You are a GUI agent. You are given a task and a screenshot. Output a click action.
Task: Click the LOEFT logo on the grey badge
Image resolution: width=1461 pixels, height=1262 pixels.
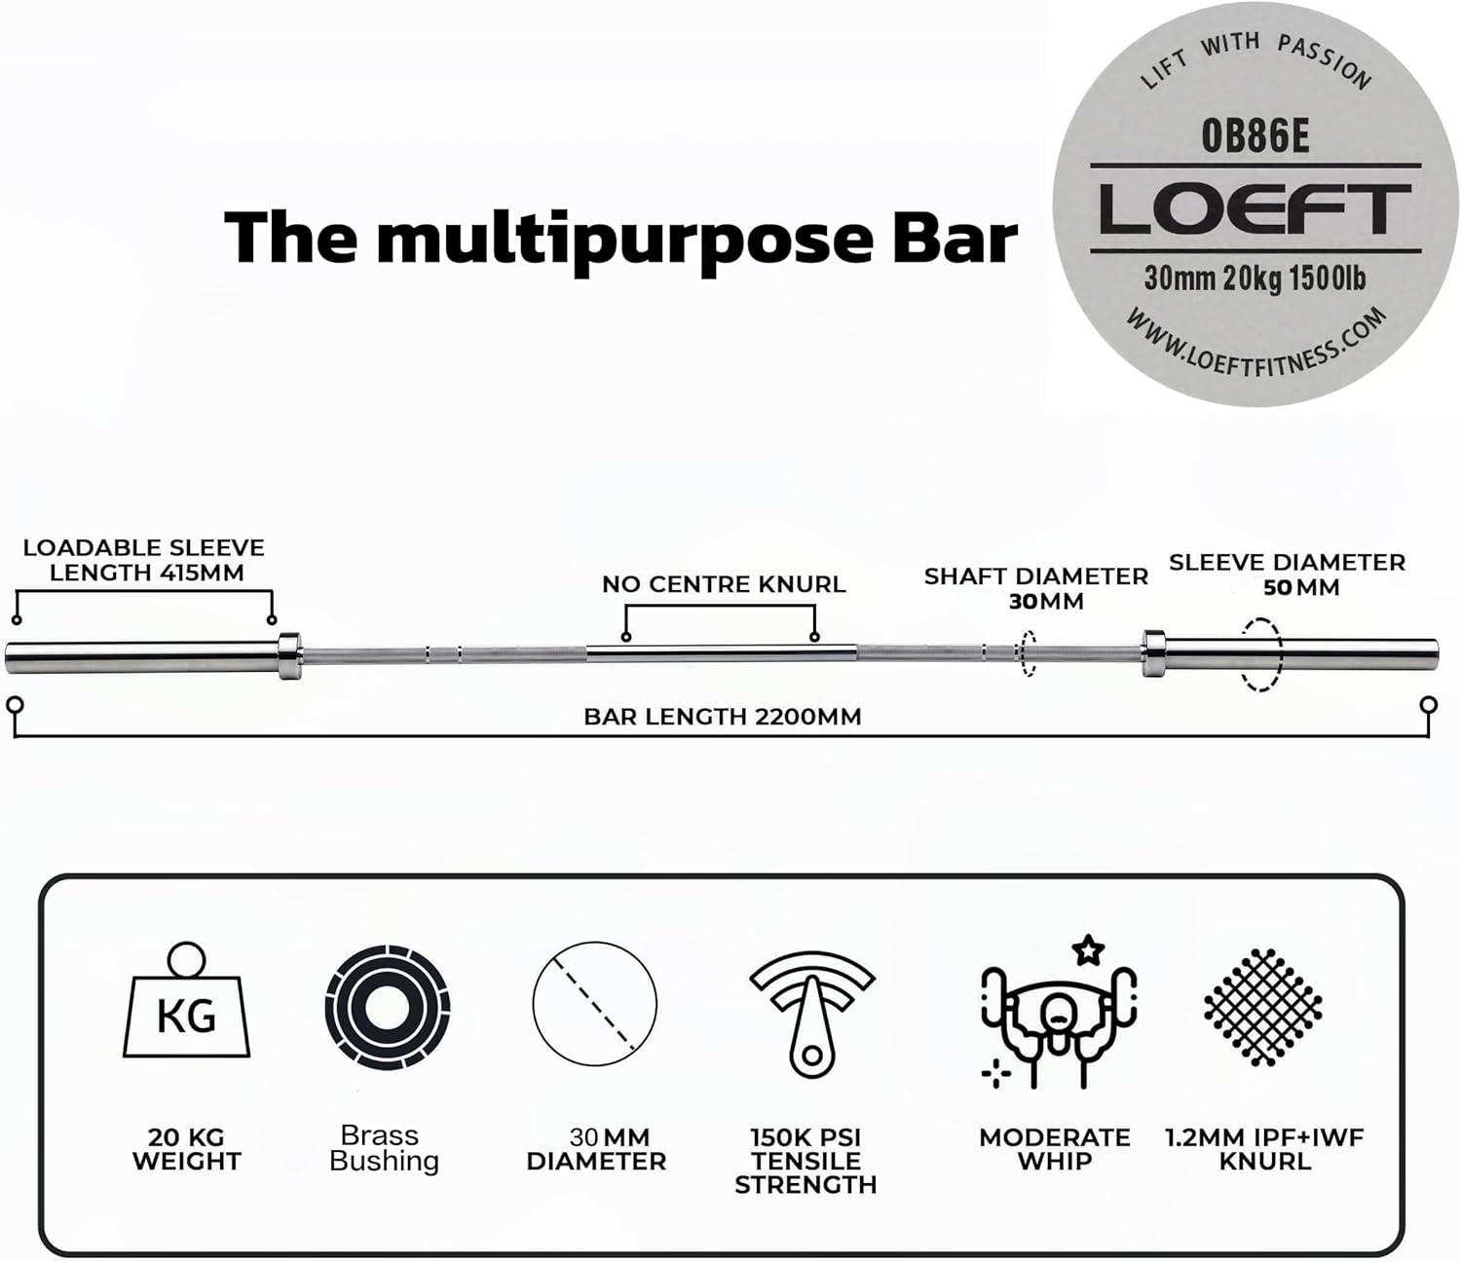[x=1255, y=209]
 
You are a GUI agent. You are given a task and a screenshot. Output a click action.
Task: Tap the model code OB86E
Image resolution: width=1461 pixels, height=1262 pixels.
[x=1255, y=136]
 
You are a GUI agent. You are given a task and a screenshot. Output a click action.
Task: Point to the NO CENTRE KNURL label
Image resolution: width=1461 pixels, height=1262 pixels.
[x=723, y=584]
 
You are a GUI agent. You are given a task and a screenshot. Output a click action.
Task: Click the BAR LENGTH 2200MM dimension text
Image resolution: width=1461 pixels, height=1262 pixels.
[x=722, y=717]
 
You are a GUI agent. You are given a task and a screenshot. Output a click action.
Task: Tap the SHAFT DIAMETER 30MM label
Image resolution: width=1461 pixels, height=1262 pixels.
[x=1036, y=588]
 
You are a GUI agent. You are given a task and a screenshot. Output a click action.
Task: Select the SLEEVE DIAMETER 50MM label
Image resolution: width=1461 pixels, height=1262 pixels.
[x=1287, y=575]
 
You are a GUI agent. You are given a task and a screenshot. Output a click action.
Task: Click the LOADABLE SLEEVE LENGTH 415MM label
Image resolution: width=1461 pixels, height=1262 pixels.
[x=144, y=560]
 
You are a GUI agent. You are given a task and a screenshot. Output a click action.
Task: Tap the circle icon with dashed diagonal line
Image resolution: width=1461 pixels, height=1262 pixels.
[x=594, y=1004]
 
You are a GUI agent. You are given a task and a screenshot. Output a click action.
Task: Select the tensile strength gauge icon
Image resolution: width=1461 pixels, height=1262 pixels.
[x=811, y=1013]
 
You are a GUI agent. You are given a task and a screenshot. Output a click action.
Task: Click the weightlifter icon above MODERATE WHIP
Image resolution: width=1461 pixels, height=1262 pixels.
[x=1058, y=1022]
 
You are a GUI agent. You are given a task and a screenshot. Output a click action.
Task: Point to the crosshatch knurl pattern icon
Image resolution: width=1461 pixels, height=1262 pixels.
[x=1262, y=1006]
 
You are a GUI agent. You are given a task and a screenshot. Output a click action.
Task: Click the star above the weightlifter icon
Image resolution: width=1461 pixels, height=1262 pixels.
[x=1087, y=949]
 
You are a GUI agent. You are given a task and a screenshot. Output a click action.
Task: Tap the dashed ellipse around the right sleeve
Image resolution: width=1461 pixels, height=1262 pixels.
[x=1260, y=654]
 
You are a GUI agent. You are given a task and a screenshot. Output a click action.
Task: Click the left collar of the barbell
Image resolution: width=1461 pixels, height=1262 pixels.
[x=289, y=655]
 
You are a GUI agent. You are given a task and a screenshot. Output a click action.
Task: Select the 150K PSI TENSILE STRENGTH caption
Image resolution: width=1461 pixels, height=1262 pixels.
[x=805, y=1161]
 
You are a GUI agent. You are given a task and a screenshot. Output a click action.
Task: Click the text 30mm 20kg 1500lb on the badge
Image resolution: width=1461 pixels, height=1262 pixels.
[x=1255, y=278]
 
